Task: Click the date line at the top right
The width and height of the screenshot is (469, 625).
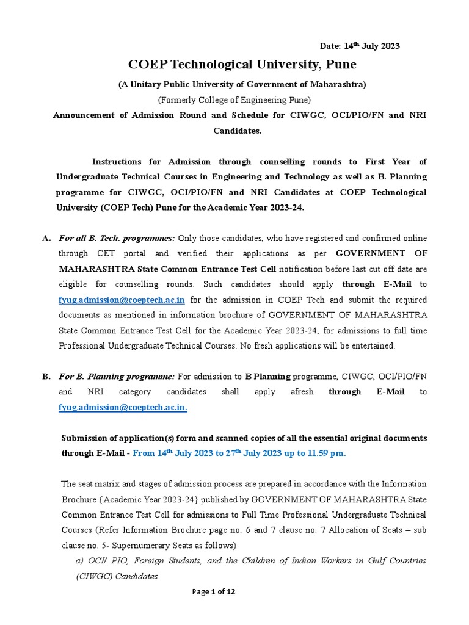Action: [x=360, y=46]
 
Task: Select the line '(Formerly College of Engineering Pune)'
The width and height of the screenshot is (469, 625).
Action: [x=234, y=99]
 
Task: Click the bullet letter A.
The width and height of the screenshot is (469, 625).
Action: [x=46, y=237]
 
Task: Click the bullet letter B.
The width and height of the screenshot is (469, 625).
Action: [x=46, y=376]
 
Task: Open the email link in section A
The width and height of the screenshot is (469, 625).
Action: [x=122, y=300]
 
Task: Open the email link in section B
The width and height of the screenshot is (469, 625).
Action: [x=123, y=408]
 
